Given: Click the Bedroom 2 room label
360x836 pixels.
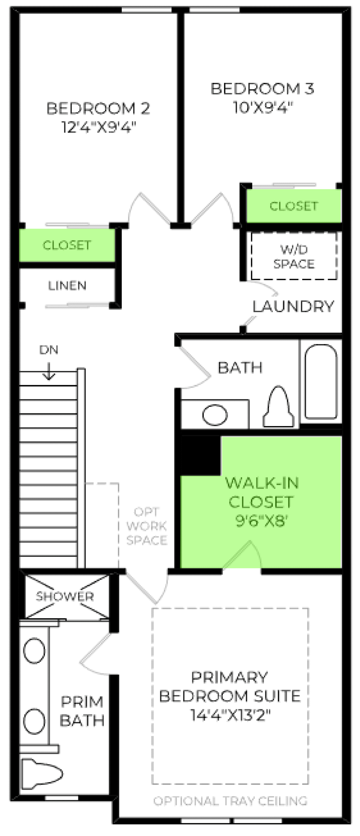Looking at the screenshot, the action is pyautogui.click(x=98, y=108).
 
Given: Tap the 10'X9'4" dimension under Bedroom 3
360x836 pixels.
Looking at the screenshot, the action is pyautogui.click(x=263, y=107).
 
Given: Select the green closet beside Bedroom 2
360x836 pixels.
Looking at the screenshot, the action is pyautogui.click(x=67, y=245).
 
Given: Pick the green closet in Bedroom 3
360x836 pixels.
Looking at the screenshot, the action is pyautogui.click(x=294, y=206).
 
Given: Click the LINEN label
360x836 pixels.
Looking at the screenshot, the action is pyautogui.click(x=67, y=286).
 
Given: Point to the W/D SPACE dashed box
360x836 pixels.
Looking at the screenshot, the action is pyautogui.click(x=294, y=256).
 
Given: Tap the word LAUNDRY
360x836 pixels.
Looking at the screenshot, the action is pyautogui.click(x=293, y=306).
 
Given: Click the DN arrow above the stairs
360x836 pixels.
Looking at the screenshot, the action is pyautogui.click(x=49, y=371).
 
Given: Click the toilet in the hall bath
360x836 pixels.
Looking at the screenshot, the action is pyautogui.click(x=278, y=407).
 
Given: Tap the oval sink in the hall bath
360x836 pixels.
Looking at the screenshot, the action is pyautogui.click(x=215, y=415).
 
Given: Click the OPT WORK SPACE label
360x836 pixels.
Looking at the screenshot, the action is pyautogui.click(x=147, y=526).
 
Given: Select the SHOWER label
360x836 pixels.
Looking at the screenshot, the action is pyautogui.click(x=65, y=596).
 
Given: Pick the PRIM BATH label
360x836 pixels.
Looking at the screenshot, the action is pyautogui.click(x=82, y=711).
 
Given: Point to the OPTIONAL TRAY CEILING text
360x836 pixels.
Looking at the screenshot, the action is pyautogui.click(x=230, y=801).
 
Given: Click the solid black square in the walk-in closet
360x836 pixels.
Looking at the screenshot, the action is pyautogui.click(x=201, y=455).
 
